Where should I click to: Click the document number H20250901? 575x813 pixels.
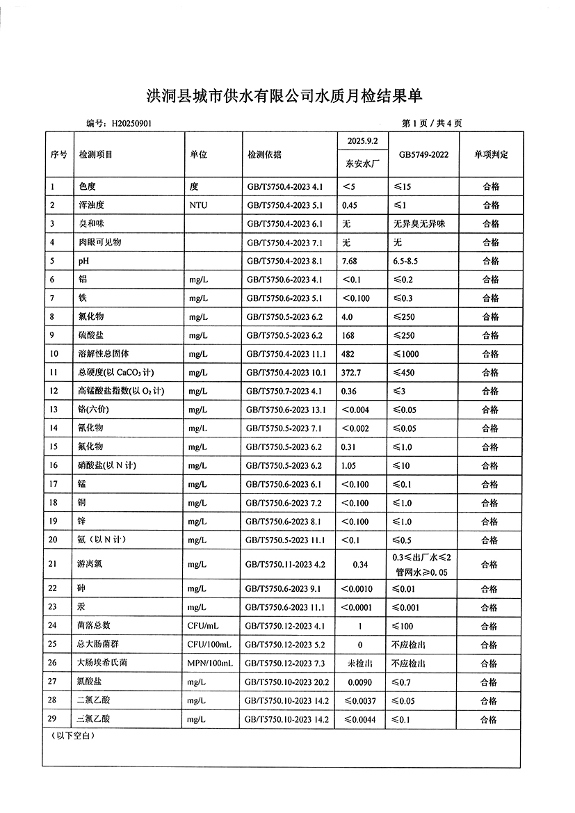pyautogui.click(x=131, y=123)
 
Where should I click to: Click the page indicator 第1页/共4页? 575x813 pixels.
pyautogui.click(x=432, y=123)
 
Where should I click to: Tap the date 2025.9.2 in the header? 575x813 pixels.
pyautogui.click(x=361, y=140)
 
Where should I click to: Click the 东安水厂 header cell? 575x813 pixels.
pyautogui.click(x=361, y=166)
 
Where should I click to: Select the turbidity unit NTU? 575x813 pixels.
pyautogui.click(x=199, y=205)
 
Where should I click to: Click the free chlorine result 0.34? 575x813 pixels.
pyautogui.click(x=360, y=564)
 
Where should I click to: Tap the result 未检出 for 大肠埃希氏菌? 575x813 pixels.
pyautogui.click(x=360, y=663)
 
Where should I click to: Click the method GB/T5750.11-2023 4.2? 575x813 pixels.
pyautogui.click(x=286, y=564)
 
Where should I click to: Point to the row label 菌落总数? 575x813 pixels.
pyautogui.click(x=94, y=626)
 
